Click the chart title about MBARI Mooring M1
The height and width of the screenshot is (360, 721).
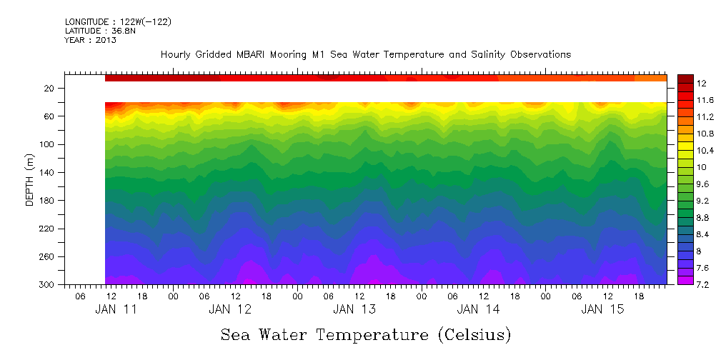pos(366,54)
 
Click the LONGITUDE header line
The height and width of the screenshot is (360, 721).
pos(118,21)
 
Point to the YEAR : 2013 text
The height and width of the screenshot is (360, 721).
pos(91,40)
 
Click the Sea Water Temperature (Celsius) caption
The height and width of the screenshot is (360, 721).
pos(366,334)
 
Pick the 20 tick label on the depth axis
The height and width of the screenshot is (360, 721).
pos(50,88)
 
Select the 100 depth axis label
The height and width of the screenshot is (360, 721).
pos(47,144)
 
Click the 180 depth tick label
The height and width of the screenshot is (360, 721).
pos(47,201)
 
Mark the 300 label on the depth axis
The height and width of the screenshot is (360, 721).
pos(47,284)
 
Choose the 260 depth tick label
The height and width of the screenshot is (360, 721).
pos(47,256)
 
